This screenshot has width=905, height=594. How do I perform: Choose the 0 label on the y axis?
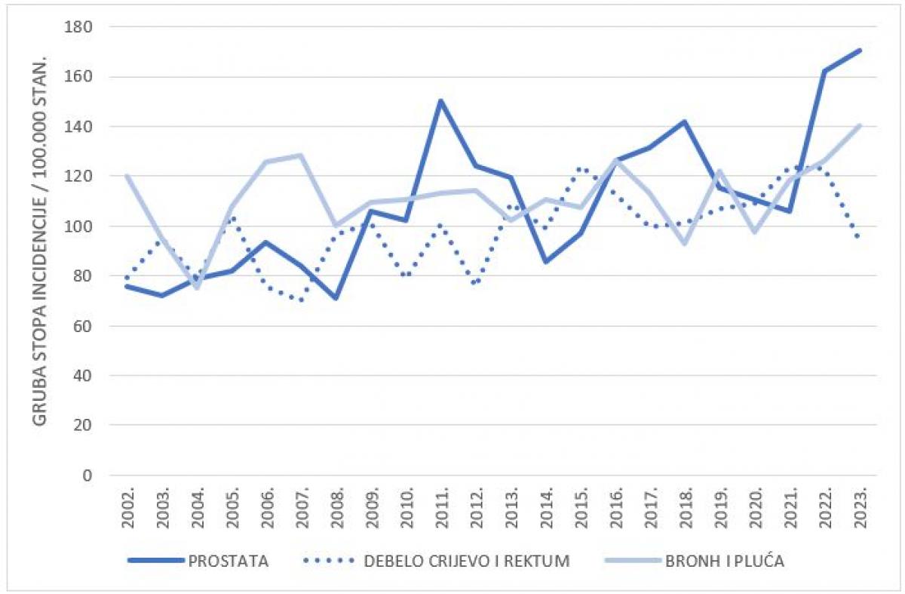87,476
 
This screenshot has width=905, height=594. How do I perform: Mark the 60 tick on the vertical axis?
83,326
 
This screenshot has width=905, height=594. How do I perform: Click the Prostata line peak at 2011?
440,101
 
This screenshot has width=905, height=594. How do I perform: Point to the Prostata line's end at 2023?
860,51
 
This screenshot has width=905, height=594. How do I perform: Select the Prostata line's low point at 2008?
336,298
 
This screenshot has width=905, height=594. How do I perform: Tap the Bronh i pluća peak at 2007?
301,155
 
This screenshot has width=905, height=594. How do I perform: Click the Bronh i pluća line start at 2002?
127,176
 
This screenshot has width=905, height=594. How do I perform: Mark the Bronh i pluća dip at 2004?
196,288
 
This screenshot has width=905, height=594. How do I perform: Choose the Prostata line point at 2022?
824,71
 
